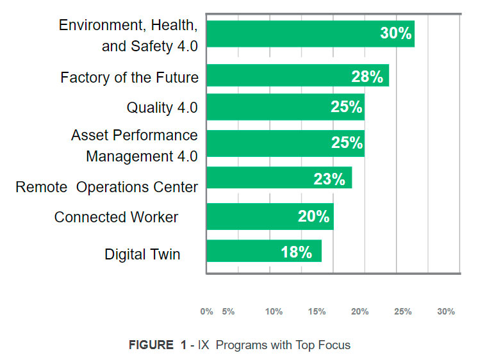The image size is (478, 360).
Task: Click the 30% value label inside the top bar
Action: point(396,33)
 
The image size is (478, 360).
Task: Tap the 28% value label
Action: point(367,77)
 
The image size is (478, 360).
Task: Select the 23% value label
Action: point(329,179)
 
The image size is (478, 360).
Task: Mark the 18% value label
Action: point(297,252)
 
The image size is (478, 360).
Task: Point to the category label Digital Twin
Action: point(142,254)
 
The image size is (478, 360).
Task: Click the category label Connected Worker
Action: point(116,217)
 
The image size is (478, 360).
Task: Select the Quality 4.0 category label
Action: point(162,108)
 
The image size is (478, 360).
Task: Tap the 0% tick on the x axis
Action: point(206,311)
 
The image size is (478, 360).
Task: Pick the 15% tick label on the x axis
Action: point(317,311)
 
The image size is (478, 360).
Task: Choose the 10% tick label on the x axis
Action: point(274,311)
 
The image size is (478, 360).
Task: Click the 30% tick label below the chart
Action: point(446,311)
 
